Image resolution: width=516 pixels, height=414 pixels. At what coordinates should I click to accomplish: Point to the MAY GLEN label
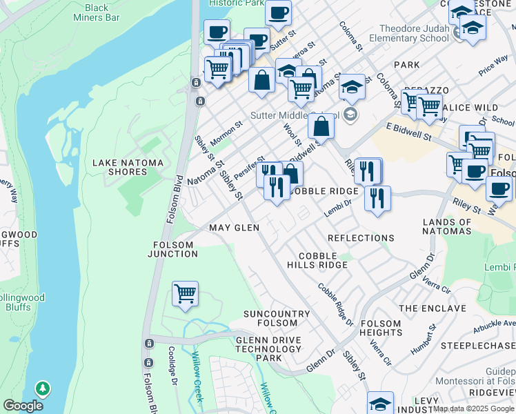[x=235, y=228]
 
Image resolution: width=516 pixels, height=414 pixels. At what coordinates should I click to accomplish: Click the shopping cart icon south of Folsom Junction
[x=185, y=294]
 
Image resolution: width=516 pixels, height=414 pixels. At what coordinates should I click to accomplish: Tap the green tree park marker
[x=43, y=390]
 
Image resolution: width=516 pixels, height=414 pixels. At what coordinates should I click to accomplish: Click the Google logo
[x=23, y=406]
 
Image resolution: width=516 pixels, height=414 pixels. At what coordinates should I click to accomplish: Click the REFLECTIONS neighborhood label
[x=361, y=238]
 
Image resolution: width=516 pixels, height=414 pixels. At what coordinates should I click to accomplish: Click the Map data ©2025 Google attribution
[x=473, y=408]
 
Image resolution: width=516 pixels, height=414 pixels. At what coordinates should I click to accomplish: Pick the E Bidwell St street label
[x=408, y=131]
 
